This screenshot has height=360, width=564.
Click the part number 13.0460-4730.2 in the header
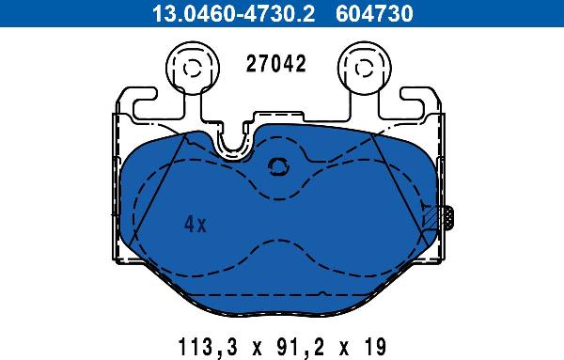[233, 14]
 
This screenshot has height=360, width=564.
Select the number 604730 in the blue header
[374, 14]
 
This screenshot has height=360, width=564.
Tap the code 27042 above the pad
[275, 64]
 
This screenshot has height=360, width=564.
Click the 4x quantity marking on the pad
[196, 224]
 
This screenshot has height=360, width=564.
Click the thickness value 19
[374, 347]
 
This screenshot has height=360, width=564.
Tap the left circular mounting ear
[193, 68]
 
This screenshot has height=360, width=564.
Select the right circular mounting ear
[365, 68]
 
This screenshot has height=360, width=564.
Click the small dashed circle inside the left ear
[192, 69]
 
